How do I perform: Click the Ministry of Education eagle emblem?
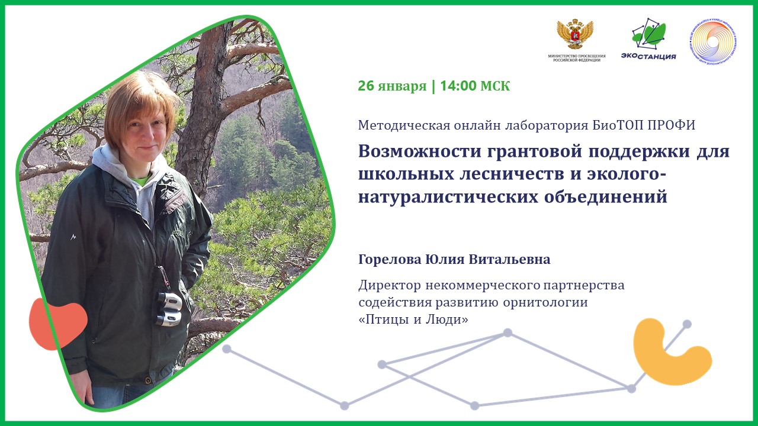[x=574, y=34]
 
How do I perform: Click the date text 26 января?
[x=392, y=86]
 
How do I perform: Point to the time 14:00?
[x=458, y=86]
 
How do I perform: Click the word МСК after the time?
[x=495, y=86]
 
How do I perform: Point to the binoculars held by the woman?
[x=169, y=309]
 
